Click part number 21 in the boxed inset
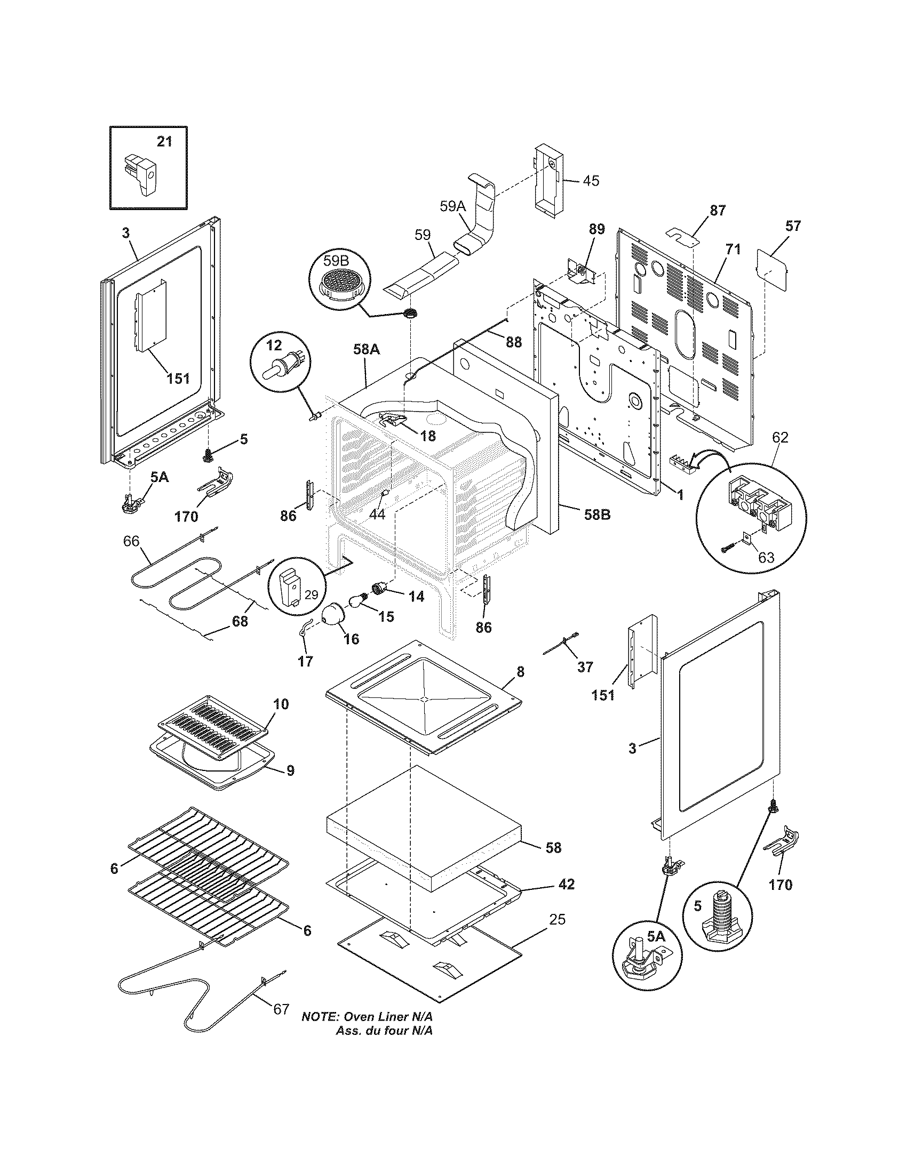coord(164,142)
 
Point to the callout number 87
coord(717,211)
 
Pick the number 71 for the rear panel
coord(733,249)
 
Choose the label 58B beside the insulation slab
coord(597,515)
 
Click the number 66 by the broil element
coord(131,541)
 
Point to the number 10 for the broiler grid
coord(281,704)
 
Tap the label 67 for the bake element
coord(281,1009)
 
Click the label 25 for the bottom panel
coord(557,920)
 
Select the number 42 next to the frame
coord(566,883)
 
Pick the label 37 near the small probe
coord(585,666)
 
